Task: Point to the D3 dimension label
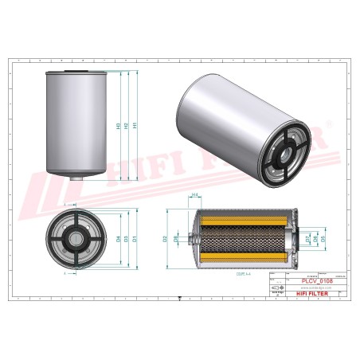point(126,238)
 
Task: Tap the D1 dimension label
point(134,238)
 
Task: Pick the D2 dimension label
point(166,238)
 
